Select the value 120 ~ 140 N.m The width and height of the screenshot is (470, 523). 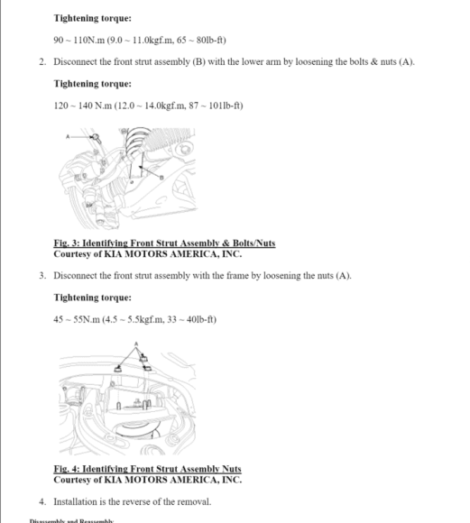80,106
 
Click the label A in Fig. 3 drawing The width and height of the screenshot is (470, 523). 68,136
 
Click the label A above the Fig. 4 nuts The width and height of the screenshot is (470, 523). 135,344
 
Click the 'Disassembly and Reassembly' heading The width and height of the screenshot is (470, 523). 72,520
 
